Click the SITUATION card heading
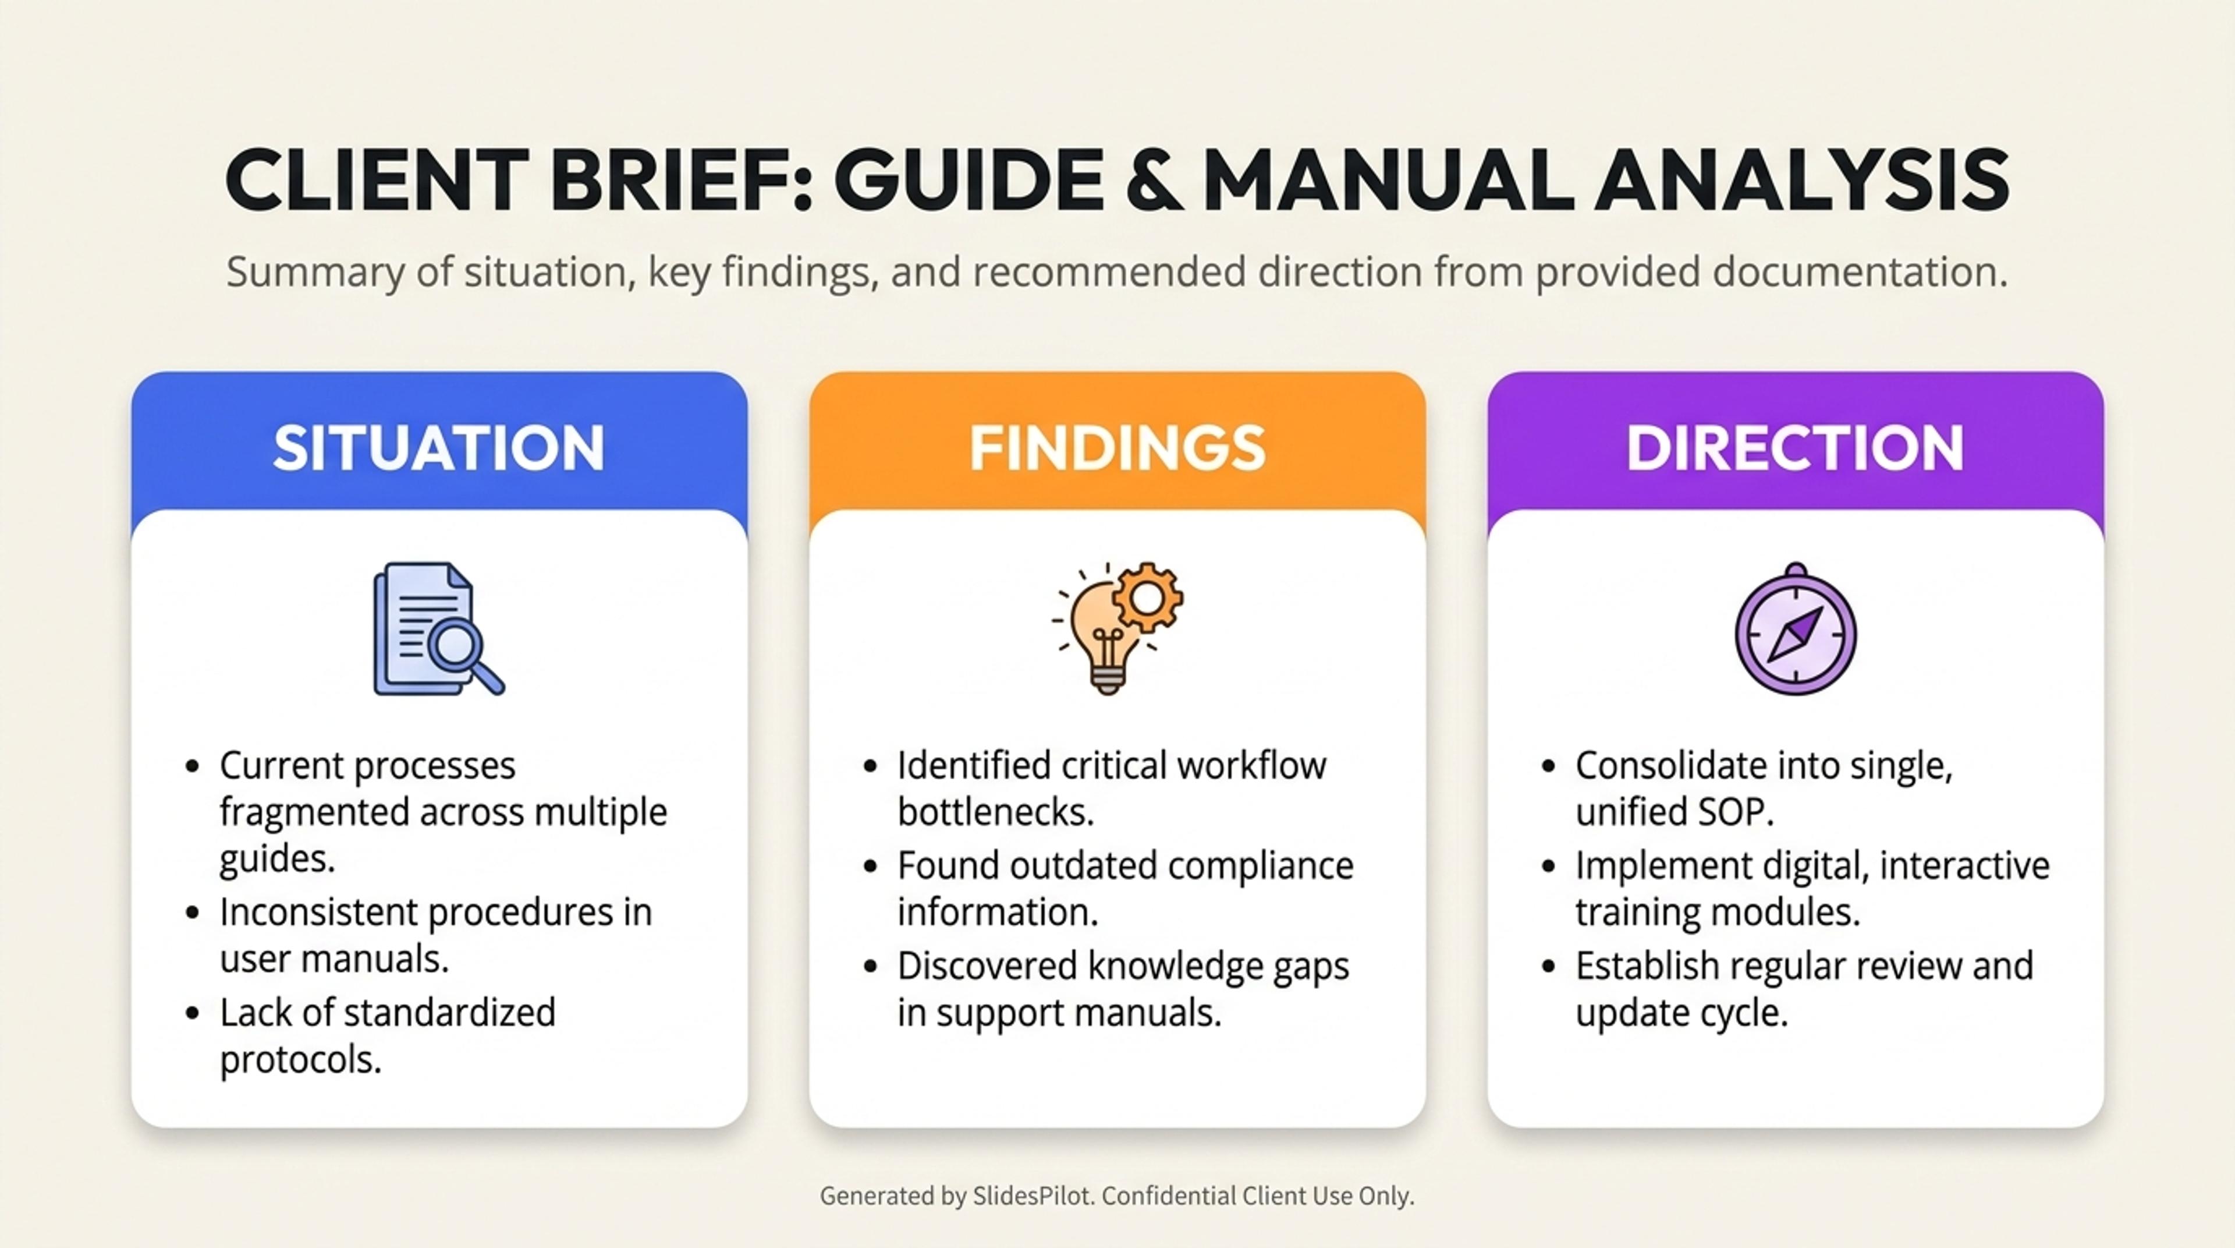coord(438,448)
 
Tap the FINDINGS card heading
coord(1117,448)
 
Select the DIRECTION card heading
coord(1795,448)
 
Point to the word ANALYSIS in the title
coord(1802,181)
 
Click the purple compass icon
coord(1795,629)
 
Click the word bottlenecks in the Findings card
coord(996,812)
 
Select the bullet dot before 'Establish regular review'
coord(1549,967)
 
